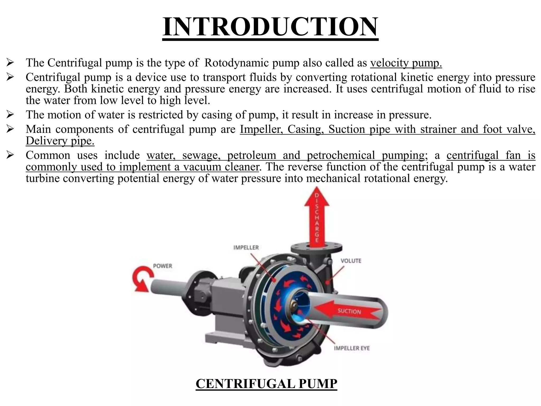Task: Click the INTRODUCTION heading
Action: tap(270, 27)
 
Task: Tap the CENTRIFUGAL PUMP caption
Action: tap(266, 384)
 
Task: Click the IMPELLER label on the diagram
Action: tap(246, 248)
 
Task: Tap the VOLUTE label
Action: tap(351, 261)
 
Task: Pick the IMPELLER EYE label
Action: tap(352, 348)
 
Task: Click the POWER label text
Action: tap(162, 266)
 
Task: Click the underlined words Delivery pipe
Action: tap(60, 141)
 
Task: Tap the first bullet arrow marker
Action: tap(10, 63)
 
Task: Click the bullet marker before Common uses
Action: tap(10, 155)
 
